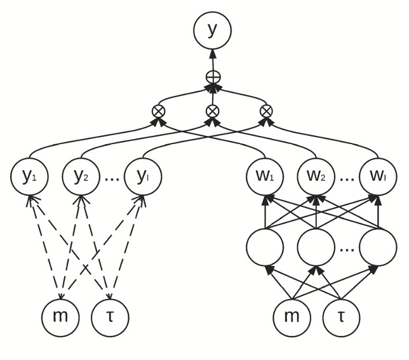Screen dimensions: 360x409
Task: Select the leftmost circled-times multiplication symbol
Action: (x=158, y=110)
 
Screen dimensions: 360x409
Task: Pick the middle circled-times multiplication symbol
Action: (x=213, y=110)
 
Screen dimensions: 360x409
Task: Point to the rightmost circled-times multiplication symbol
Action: (x=267, y=110)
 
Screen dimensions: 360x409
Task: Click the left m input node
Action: (x=61, y=316)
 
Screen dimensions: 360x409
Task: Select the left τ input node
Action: (x=110, y=316)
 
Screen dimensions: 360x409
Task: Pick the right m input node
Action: (x=292, y=316)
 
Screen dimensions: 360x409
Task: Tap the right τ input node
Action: (x=341, y=316)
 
